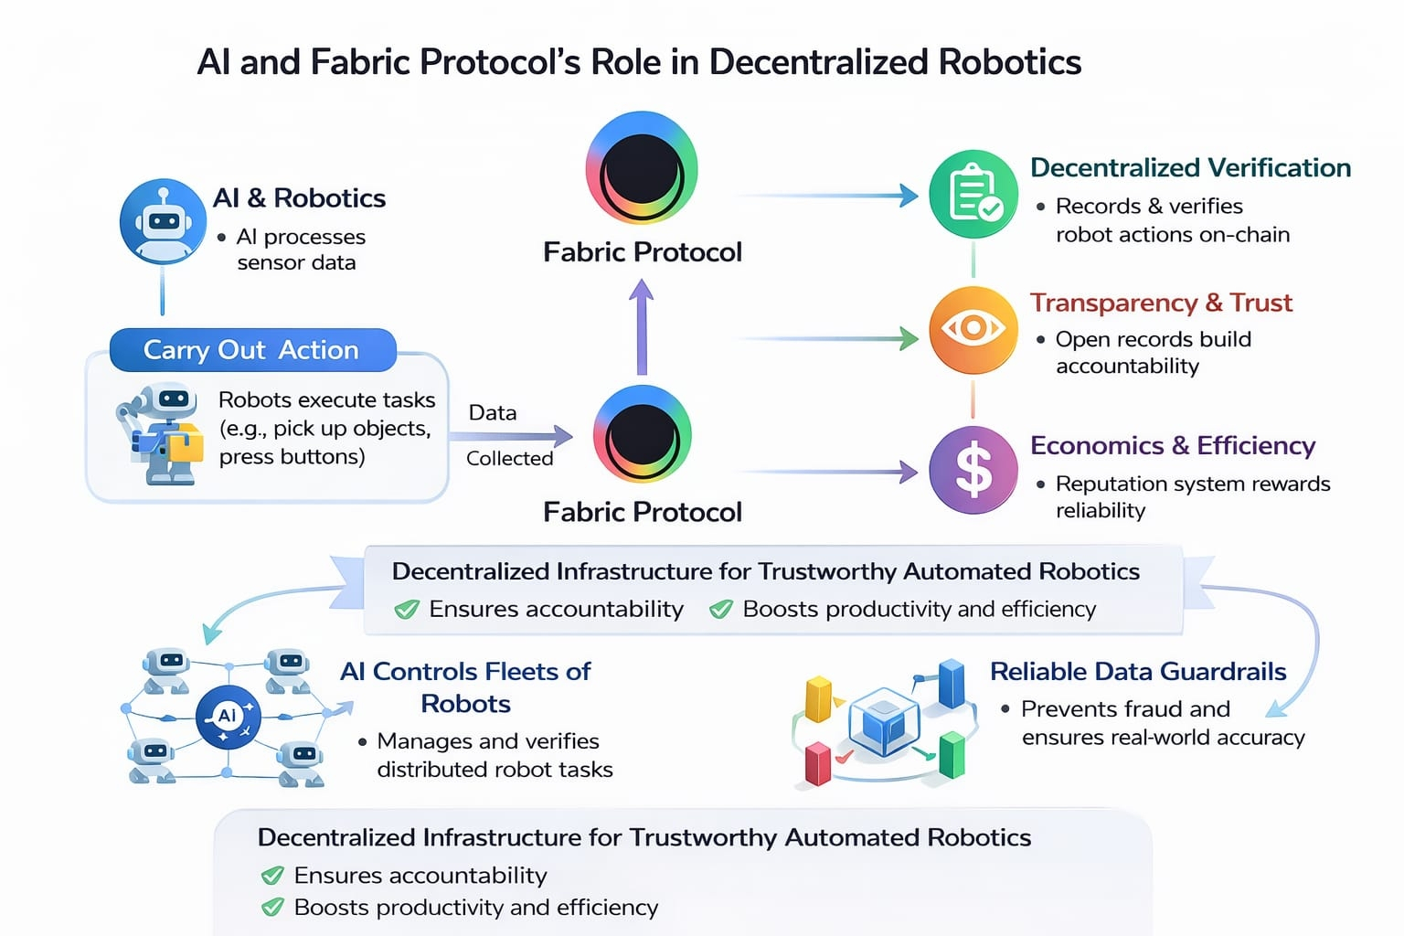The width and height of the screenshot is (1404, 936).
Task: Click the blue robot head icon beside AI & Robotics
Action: pos(163,222)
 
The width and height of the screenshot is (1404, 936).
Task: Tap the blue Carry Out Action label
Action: pos(251,350)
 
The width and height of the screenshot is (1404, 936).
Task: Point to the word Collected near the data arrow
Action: pos(509,458)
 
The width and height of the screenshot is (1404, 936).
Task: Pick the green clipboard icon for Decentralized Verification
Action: pos(973,195)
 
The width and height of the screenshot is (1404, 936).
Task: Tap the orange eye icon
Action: pos(973,329)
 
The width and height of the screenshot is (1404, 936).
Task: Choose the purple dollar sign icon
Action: pos(973,470)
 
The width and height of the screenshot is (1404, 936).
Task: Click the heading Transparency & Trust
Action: pos(1161,303)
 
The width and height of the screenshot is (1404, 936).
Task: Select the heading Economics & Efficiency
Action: pos(1173,445)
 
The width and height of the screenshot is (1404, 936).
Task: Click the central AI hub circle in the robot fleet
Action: pos(228,717)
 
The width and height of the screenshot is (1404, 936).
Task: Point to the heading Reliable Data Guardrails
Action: pos(1138,672)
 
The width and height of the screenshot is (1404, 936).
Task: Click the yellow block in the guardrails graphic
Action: pos(817,699)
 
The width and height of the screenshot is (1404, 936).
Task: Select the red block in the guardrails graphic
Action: pos(817,764)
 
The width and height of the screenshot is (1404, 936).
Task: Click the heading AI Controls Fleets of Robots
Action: pos(465,687)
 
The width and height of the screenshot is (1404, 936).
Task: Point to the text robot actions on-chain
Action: pos(1173,235)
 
